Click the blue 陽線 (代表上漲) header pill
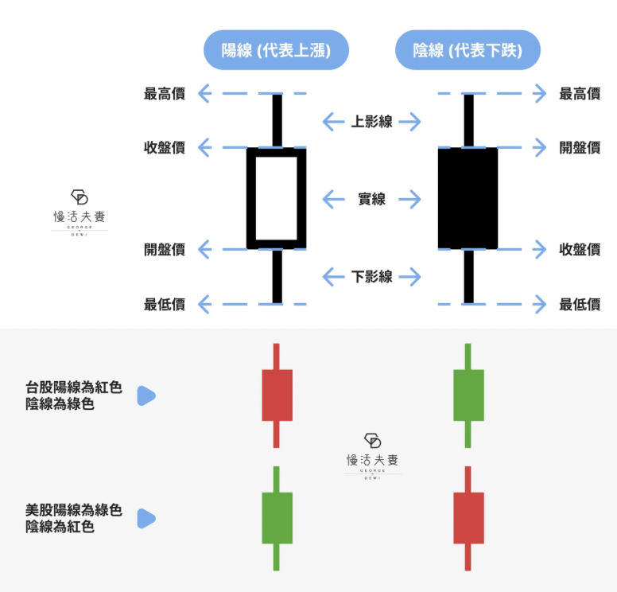click(x=276, y=51)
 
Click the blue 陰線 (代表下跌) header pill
click(x=468, y=51)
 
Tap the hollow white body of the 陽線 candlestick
click(x=277, y=198)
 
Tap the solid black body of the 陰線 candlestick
click(x=468, y=198)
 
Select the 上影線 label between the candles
click(x=371, y=122)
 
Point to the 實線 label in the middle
click(x=371, y=199)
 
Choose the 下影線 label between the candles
click(x=371, y=277)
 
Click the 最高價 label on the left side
click(x=165, y=94)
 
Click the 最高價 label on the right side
click(x=580, y=94)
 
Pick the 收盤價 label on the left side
click(x=165, y=147)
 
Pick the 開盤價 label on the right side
click(x=580, y=147)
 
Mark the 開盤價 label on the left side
click(x=165, y=249)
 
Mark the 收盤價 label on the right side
click(x=580, y=249)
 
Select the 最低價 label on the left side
click(x=165, y=303)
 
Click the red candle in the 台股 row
click(x=277, y=395)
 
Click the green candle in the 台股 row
click(x=468, y=395)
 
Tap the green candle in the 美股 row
click(x=277, y=517)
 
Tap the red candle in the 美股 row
click(x=468, y=517)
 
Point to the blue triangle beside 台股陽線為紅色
click(x=146, y=395)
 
